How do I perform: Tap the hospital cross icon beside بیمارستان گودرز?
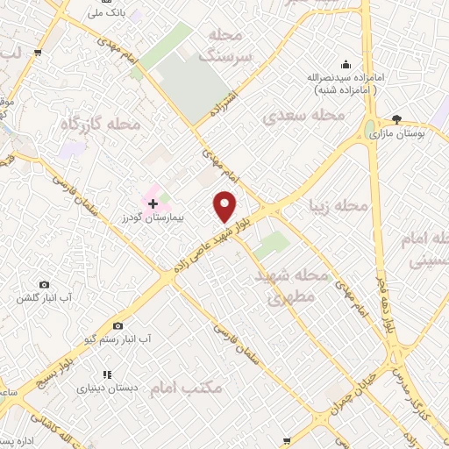click(153, 203)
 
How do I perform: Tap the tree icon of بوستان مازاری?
click(396, 119)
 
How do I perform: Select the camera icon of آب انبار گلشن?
click(45, 285)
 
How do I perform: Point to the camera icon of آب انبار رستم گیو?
click(118, 325)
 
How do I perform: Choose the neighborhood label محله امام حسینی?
click(424, 249)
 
